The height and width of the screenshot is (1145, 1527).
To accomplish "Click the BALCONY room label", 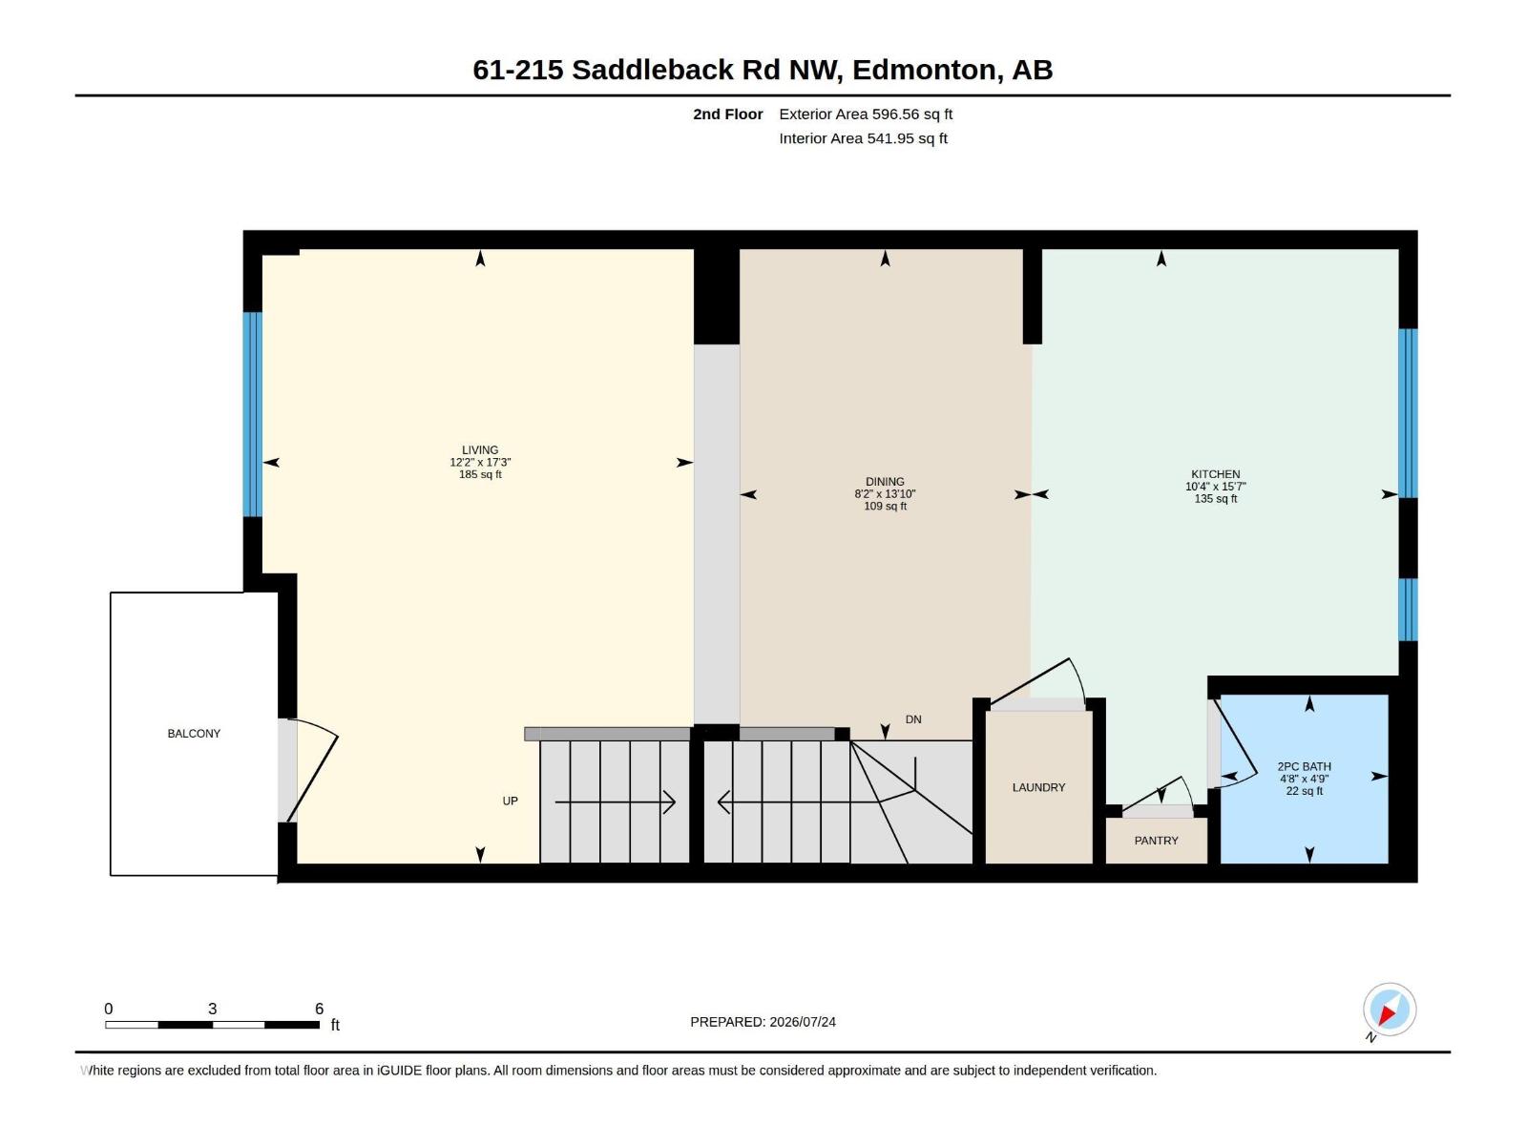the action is click(x=194, y=734).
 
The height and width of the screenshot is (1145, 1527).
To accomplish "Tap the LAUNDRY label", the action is click(x=1038, y=788).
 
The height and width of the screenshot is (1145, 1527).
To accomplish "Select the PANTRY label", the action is click(x=1156, y=841).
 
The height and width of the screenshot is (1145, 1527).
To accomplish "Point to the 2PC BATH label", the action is click(x=1304, y=766).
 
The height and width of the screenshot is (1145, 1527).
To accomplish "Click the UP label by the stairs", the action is click(x=510, y=801).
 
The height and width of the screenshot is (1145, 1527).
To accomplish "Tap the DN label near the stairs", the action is click(x=913, y=719).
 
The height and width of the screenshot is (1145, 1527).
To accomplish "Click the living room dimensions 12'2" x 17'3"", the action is click(x=480, y=463).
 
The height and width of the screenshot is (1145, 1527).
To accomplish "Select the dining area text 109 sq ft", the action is click(x=885, y=506).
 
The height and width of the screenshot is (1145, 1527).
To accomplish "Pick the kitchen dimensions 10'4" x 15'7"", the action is click(x=1215, y=487).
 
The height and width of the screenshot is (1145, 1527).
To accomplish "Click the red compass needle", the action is click(x=1386, y=1015).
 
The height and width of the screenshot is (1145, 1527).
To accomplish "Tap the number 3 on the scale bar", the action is click(x=212, y=1008).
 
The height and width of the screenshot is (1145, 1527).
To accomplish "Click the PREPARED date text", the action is click(x=763, y=1022).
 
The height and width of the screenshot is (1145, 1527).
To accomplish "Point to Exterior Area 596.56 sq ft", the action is click(x=866, y=114).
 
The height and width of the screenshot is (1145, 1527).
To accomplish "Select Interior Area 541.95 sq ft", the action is click(x=863, y=138).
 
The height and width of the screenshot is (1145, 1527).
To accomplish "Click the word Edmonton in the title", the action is click(x=928, y=70).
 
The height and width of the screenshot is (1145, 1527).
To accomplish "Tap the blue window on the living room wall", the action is click(x=253, y=414).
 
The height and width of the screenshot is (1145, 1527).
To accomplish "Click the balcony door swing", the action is click(x=311, y=770).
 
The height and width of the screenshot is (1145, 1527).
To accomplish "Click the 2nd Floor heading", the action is click(x=727, y=114).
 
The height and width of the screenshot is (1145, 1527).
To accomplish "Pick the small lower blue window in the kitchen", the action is click(x=1408, y=610).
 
